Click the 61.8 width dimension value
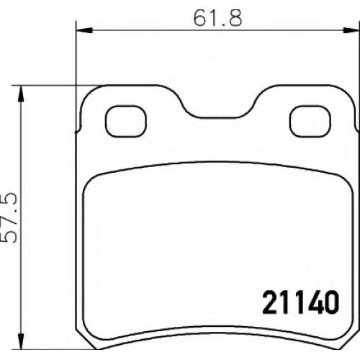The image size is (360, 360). pos(217,18)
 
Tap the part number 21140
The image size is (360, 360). pos(301,303)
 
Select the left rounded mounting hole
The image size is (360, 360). pos(126,122)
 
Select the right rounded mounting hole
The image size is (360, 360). pos(310,122)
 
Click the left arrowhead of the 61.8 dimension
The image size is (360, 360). pos(84,30)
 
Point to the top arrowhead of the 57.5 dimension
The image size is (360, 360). pos(21,94)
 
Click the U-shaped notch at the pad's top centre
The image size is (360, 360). pos(218,117)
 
